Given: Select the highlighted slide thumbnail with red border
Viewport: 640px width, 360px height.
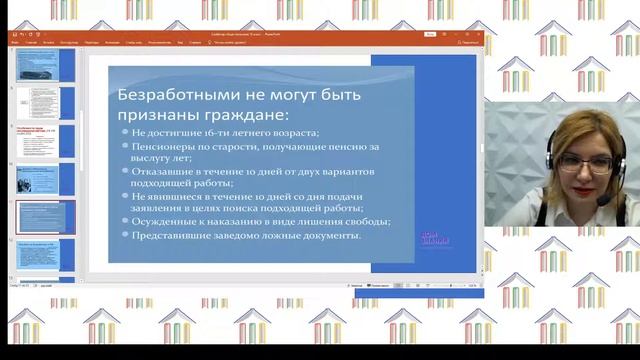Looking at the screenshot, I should point(45,216).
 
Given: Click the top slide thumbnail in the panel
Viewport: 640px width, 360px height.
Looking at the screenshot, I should point(45,66).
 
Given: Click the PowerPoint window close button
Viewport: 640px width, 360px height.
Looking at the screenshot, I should point(477,34).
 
